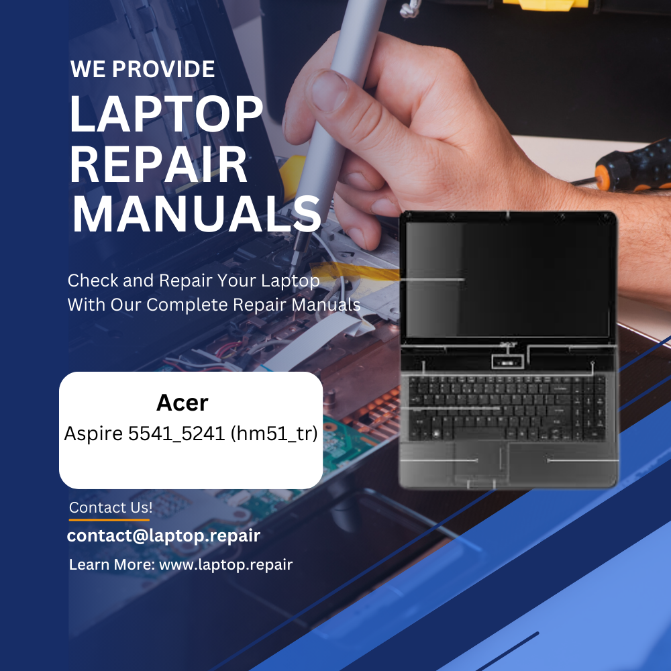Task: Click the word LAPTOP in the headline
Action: (166, 115)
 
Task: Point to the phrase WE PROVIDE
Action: (142, 68)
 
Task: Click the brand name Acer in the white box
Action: (183, 403)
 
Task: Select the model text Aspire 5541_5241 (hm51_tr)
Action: (191, 434)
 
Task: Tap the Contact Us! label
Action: (111, 508)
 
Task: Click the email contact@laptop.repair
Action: (163, 535)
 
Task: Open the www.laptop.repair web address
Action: (225, 564)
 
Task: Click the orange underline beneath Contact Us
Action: (109, 519)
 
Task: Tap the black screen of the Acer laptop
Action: (507, 278)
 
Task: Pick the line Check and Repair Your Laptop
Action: (193, 280)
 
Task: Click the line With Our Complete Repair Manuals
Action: (213, 305)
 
